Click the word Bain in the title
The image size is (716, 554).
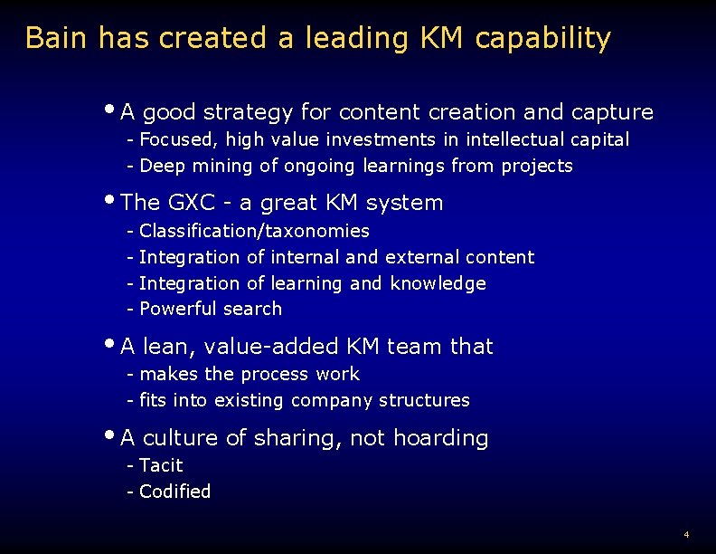pyautogui.click(x=57, y=39)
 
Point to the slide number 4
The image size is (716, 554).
pyautogui.click(x=687, y=534)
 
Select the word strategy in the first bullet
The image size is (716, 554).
pyautogui.click(x=248, y=113)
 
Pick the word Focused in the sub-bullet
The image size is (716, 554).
pyautogui.click(x=178, y=140)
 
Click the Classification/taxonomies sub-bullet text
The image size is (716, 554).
pyautogui.click(x=254, y=232)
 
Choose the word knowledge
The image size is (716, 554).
pyautogui.click(x=438, y=284)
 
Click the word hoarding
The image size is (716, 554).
pyautogui.click(x=443, y=439)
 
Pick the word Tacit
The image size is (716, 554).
pyautogui.click(x=161, y=466)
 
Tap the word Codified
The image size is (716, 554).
pyautogui.click(x=174, y=492)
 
